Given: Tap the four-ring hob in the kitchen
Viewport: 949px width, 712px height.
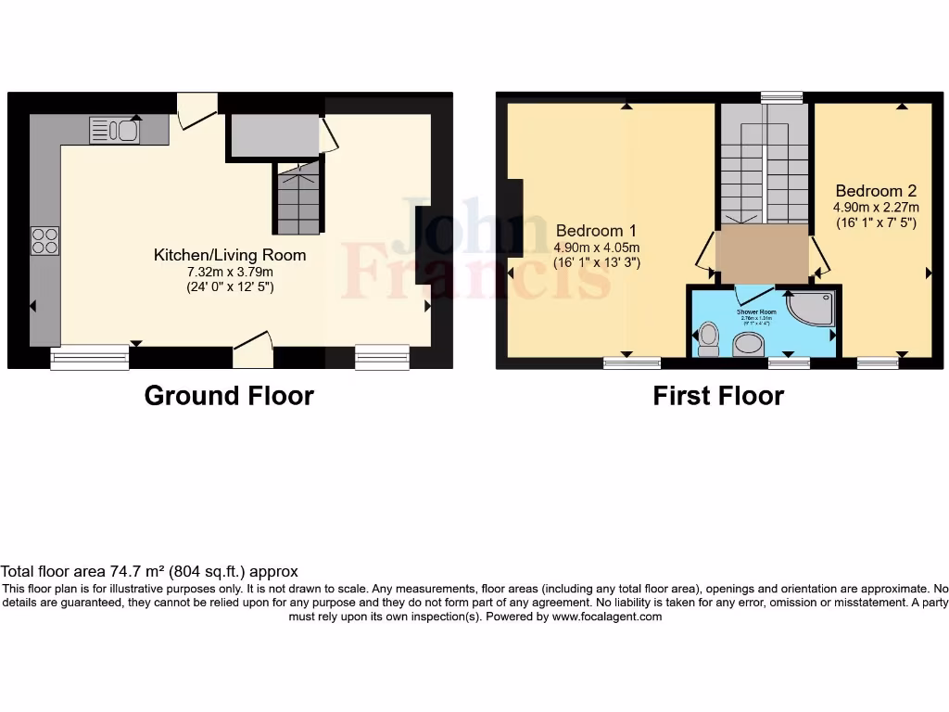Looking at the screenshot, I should (45, 240).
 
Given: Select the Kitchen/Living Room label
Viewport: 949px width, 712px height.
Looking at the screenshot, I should (229, 254).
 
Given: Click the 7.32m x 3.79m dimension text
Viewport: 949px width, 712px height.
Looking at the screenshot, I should (229, 271).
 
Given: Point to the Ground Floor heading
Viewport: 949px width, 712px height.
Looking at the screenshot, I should (229, 396).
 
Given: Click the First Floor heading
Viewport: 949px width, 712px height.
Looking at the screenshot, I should (718, 396).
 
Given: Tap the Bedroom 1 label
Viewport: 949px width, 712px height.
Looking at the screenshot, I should (597, 231).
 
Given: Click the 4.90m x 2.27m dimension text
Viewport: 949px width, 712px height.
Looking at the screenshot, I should (876, 208).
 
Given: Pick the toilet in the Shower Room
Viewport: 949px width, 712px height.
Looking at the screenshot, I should (709, 338).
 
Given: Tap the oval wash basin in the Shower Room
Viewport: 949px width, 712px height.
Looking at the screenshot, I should (748, 346).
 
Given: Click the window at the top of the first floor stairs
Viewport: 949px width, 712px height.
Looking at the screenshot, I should (781, 97).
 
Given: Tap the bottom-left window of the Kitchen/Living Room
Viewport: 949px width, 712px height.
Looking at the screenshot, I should (90, 357).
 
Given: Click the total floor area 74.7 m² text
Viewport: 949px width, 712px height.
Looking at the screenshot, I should (149, 572).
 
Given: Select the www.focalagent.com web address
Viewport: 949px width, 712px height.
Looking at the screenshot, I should (607, 617).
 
